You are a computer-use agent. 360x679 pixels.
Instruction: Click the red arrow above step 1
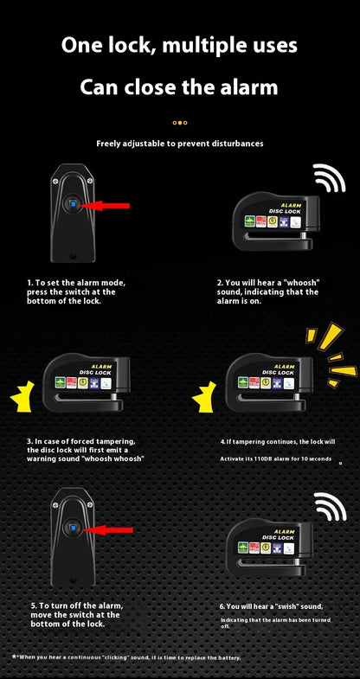[105, 206]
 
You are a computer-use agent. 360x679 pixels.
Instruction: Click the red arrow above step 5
[108, 529]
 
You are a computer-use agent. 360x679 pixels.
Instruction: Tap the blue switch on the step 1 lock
[73, 204]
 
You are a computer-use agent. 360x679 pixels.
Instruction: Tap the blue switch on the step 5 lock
[73, 527]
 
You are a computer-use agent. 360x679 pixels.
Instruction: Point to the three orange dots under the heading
[180, 123]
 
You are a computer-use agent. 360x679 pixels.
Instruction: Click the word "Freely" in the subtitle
[109, 144]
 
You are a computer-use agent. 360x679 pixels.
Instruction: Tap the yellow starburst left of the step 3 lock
[22, 396]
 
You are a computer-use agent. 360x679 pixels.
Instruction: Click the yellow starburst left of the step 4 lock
[204, 396]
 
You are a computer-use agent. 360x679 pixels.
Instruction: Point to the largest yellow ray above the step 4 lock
[330, 336]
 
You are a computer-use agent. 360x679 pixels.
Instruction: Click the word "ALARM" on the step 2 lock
[291, 205]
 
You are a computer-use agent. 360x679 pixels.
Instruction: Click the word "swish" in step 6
[285, 606]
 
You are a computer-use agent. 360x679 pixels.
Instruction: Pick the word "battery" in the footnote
[228, 657]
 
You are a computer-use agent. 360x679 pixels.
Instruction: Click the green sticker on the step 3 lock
[61, 382]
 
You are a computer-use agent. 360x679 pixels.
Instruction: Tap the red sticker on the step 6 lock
[254, 548]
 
